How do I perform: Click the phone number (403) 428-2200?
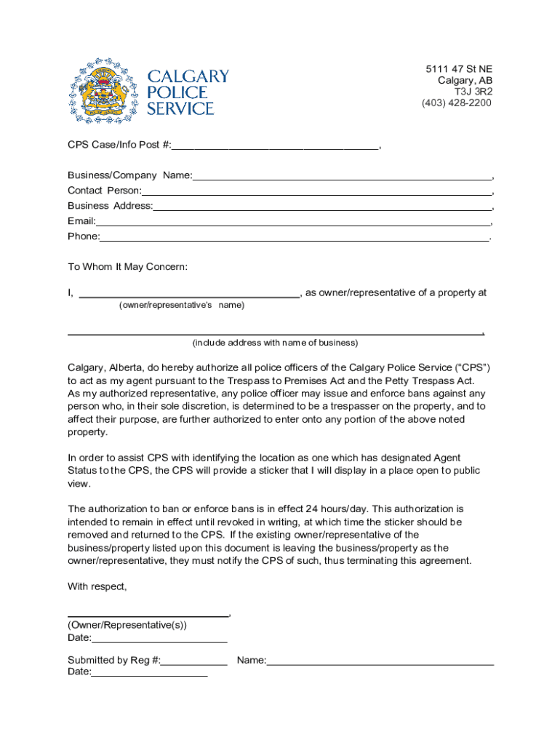tap(456, 103)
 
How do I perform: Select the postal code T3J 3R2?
tap(473, 92)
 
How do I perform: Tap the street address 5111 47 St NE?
tap(459, 69)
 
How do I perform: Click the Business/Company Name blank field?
tap(342, 176)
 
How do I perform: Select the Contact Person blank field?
tap(316, 191)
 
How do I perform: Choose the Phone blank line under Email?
tap(295, 237)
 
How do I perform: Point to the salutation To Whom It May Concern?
tap(127, 267)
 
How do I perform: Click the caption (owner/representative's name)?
tap(181, 306)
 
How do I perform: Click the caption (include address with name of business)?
tap(275, 343)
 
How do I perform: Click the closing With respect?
tap(97, 586)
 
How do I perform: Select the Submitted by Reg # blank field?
tap(194, 661)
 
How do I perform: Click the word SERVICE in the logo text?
tap(180, 109)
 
